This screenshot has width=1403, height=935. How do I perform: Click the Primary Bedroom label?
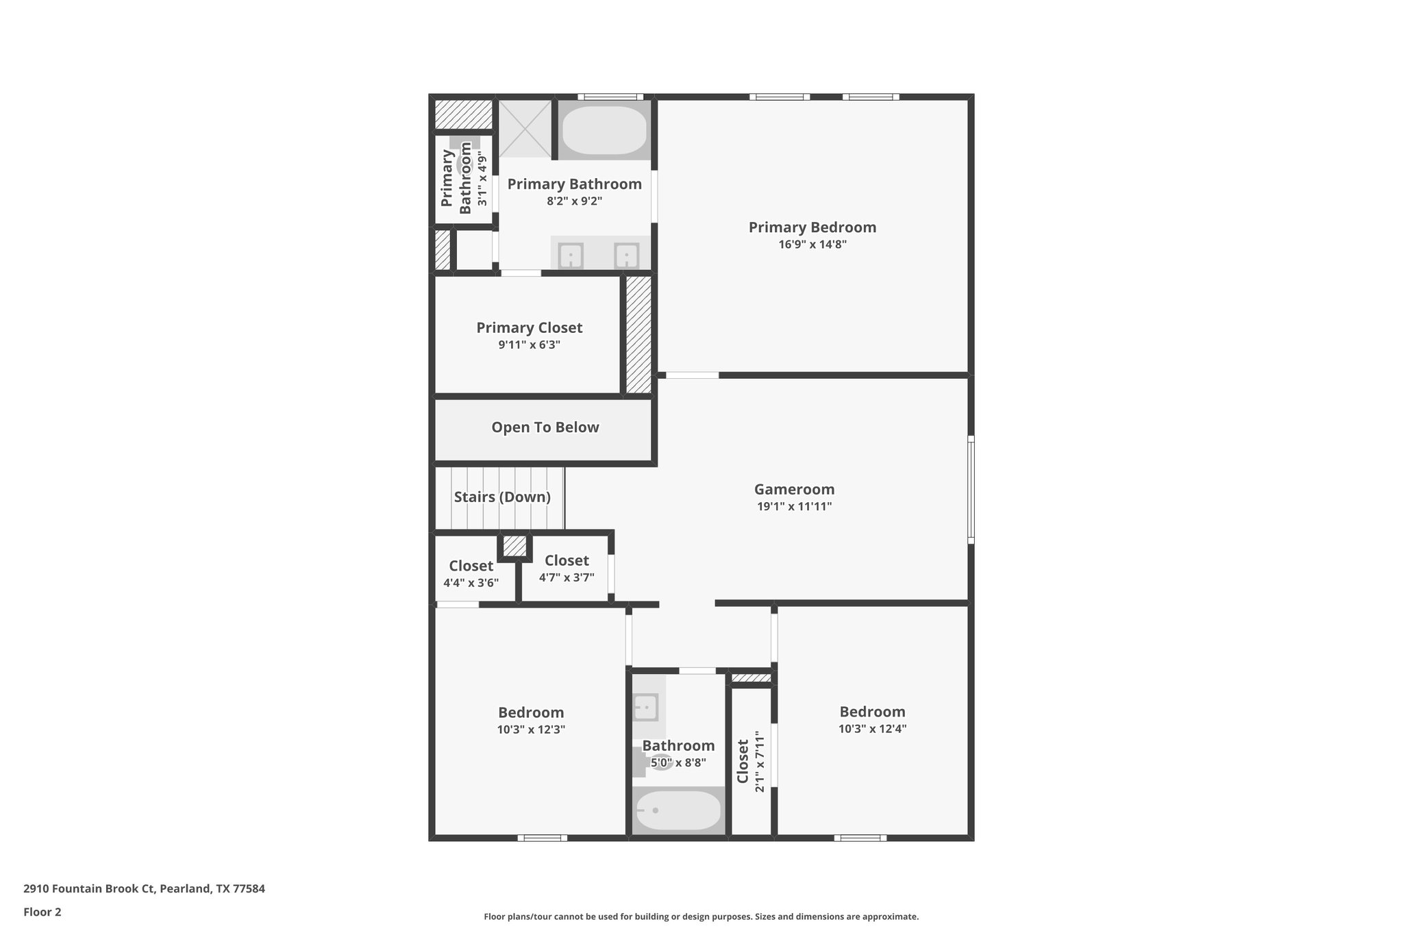[812, 227]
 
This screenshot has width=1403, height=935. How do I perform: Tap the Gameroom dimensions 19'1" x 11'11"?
[794, 507]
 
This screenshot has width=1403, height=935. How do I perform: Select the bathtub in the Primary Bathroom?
[604, 130]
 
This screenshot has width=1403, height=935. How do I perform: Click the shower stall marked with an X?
[525, 129]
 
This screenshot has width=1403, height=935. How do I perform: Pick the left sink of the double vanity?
[570, 256]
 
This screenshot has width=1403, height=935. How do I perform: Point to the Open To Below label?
[545, 427]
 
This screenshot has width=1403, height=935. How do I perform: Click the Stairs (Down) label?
[502, 497]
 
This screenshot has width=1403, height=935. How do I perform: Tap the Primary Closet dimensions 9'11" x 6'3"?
[529, 345]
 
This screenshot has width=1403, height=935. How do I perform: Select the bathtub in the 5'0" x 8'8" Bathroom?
[678, 810]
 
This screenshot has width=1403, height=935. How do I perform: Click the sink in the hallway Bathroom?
[645, 706]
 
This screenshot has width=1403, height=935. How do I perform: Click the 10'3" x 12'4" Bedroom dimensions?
[872, 730]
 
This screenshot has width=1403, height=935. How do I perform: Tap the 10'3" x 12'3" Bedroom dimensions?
[531, 730]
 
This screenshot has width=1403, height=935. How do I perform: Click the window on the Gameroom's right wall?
[971, 490]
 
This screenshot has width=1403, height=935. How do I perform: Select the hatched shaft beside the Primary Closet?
[638, 335]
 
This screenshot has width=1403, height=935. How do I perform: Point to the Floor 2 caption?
[42, 912]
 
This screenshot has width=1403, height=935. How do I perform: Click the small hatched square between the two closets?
[514, 546]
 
